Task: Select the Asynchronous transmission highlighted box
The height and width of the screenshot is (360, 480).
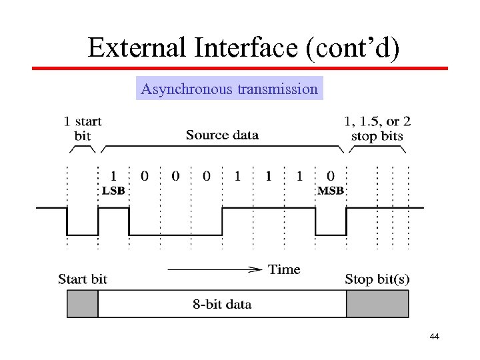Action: (x=229, y=89)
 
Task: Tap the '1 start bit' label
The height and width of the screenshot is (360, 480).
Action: (x=83, y=129)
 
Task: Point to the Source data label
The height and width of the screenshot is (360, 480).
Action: (x=222, y=135)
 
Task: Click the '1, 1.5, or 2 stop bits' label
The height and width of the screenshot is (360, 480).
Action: (x=377, y=129)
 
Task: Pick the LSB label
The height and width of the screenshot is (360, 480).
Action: (x=113, y=191)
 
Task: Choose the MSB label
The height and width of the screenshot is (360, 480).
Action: (x=331, y=191)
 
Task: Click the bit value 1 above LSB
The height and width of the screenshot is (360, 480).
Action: (x=113, y=177)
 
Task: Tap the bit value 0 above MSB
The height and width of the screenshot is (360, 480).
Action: (x=331, y=177)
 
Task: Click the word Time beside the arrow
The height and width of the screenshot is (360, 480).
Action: (x=284, y=269)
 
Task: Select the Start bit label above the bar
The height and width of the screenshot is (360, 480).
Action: (x=82, y=279)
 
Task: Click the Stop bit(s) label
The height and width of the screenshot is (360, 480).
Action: (x=377, y=279)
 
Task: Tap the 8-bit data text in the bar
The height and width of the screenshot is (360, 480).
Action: (x=222, y=305)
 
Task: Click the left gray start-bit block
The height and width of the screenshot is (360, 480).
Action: (x=83, y=305)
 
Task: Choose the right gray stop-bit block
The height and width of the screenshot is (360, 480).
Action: (x=377, y=305)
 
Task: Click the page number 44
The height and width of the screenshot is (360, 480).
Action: (x=435, y=337)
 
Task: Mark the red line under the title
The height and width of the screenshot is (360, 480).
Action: (x=240, y=68)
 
